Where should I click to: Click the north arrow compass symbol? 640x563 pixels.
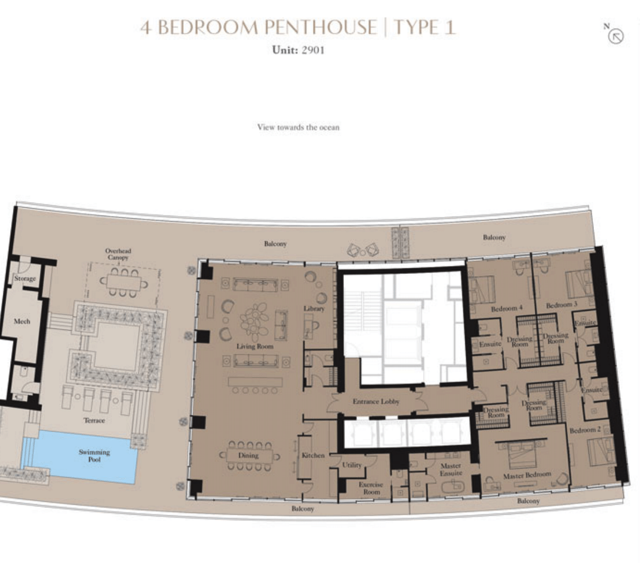(615, 36)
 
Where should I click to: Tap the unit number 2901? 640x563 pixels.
(313, 50)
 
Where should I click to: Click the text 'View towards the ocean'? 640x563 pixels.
(298, 127)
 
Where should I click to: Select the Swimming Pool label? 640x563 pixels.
(94, 455)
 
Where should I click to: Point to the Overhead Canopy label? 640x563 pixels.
(118, 254)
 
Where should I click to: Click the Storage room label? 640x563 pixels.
(25, 278)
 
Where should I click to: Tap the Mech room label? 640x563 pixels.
(22, 321)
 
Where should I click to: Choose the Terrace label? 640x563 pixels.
(94, 420)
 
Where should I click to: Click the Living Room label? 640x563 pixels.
(255, 346)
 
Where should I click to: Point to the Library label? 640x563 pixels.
(314, 309)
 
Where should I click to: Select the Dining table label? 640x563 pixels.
(248, 455)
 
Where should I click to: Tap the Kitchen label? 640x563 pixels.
(313, 455)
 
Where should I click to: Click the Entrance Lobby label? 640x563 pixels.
(376, 401)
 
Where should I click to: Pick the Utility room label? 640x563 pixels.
(352, 465)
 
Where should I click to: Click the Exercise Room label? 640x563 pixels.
(371, 488)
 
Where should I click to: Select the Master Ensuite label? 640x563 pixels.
(451, 469)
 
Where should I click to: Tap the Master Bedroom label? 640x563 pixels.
(527, 475)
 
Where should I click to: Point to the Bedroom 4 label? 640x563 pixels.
(506, 309)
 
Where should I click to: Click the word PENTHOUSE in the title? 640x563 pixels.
(320, 28)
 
